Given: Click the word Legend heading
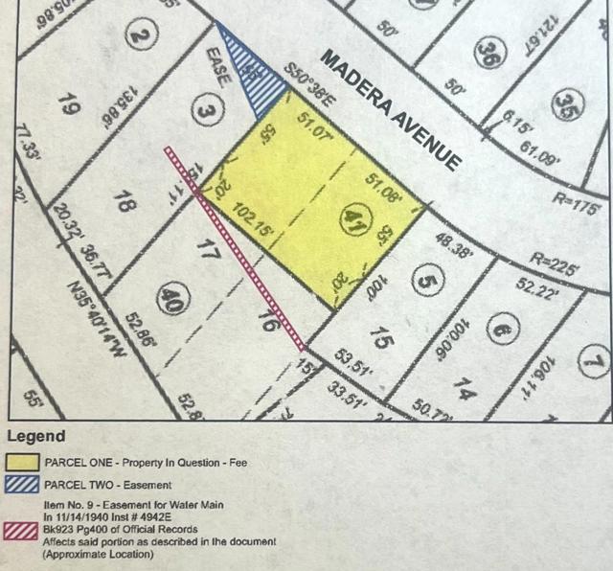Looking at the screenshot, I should [36, 437].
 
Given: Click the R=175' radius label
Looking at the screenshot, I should [576, 206].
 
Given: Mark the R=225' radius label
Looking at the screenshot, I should [556, 264].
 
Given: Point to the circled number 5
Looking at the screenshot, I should [425, 280].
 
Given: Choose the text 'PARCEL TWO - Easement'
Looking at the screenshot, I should [109, 485].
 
